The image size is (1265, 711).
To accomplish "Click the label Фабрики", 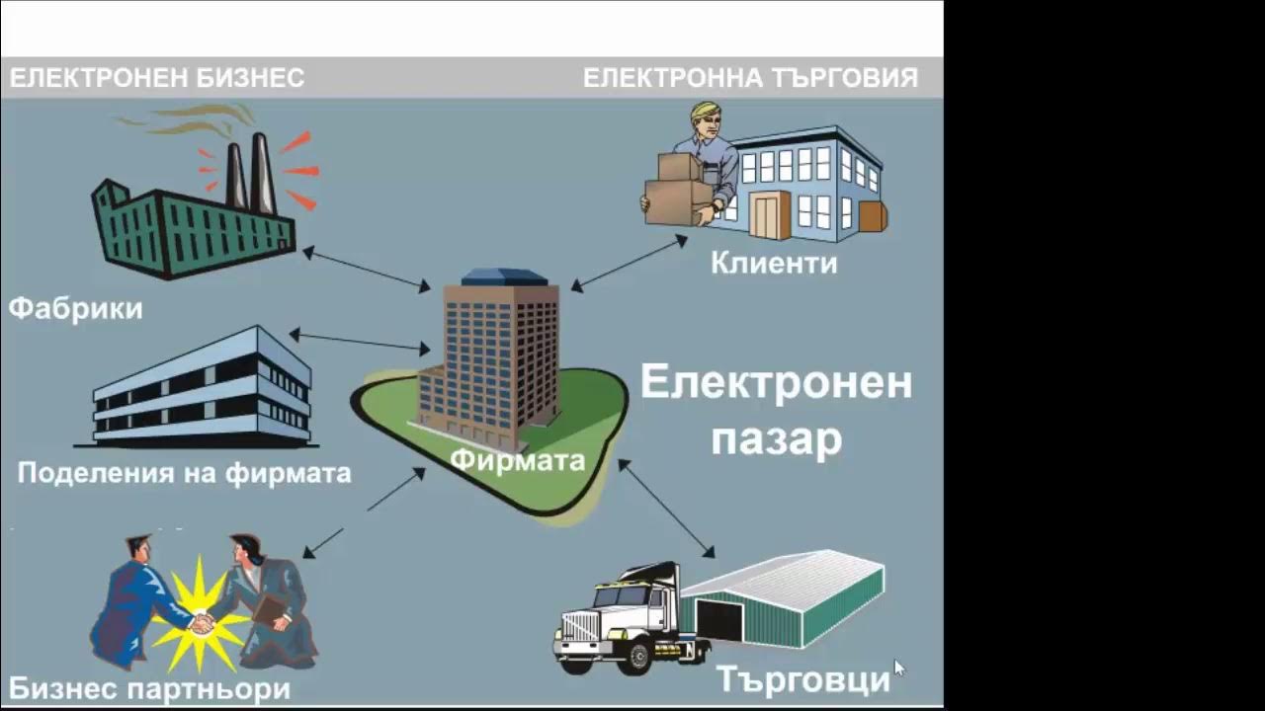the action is coord(76,308).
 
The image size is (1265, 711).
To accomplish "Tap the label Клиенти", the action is coord(773,263).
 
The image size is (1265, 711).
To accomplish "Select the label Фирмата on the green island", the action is coord(518,460).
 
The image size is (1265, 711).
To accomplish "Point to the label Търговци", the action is coord(802,679).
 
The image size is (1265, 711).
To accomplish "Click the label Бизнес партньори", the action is coord(149,688).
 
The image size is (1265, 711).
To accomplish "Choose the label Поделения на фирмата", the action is coord(184,473).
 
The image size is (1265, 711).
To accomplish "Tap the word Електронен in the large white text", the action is coord(776,382).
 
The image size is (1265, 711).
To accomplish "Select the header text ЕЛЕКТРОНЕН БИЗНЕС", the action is coord(157,78).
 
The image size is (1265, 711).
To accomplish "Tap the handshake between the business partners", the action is coord(203,623).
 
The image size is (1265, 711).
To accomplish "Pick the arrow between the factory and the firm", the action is coord(366,269).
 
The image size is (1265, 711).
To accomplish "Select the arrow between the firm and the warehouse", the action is coord(666,508).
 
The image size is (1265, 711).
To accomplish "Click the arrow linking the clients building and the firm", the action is coord(629,262).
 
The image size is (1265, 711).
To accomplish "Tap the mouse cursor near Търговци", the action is coord(898,669).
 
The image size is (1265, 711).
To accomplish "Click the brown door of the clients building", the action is coord(769,214).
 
